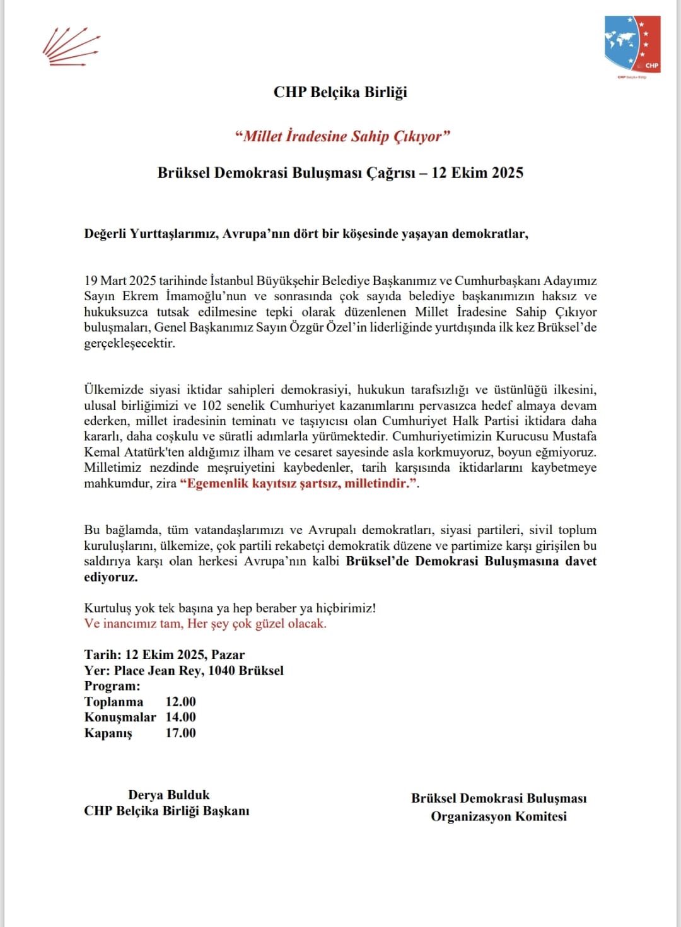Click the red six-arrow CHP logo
tap(71, 47)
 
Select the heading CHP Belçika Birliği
tap(340, 92)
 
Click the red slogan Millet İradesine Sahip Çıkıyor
tap(342, 136)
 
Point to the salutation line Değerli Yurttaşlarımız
tap(306, 234)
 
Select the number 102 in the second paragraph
tap(211, 405)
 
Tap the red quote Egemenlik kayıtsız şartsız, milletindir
tap(300, 484)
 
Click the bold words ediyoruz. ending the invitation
tap(111, 577)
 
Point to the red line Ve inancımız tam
tap(205, 624)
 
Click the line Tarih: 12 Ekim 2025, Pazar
tap(164, 655)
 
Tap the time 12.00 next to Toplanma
tap(180, 702)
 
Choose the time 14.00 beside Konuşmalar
tap(180, 717)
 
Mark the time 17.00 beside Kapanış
tap(180, 733)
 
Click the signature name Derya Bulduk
tap(168, 795)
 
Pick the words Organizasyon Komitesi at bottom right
tap(498, 817)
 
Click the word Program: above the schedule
tap(112, 686)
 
